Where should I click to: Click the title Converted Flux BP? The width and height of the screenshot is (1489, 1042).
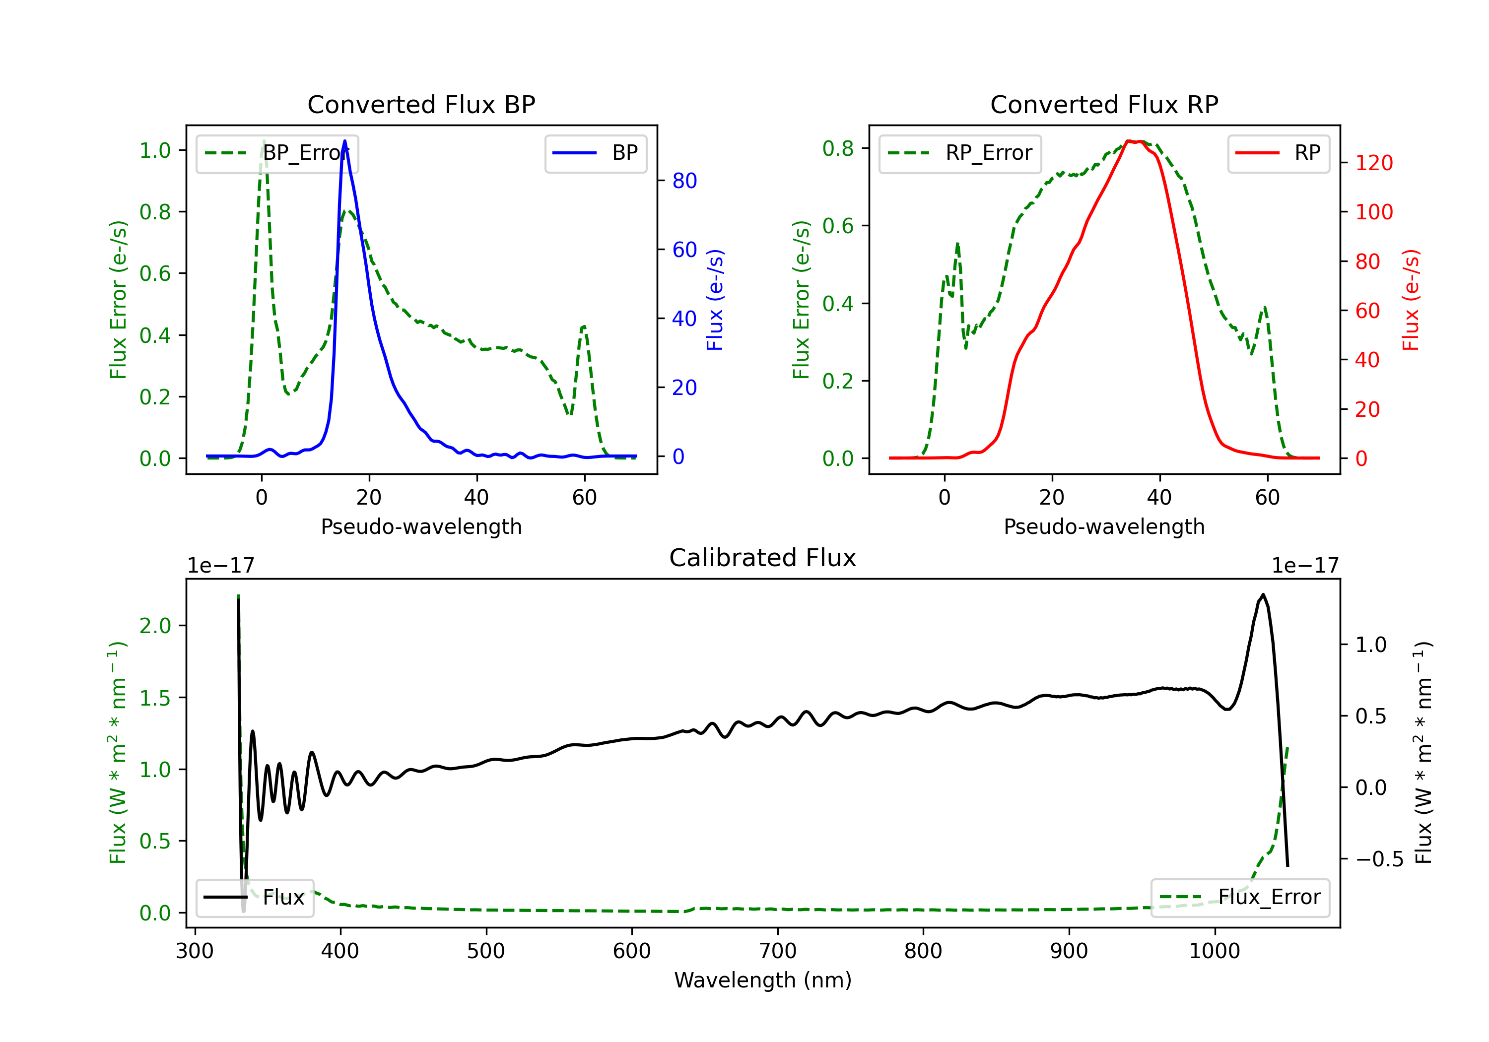coord(421,104)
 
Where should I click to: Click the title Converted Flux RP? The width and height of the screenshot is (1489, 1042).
coord(1104,104)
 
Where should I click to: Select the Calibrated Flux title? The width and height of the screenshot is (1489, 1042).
coord(763,558)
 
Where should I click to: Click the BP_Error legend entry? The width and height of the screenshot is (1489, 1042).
coord(277,153)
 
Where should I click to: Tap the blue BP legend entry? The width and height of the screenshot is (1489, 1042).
coord(595,153)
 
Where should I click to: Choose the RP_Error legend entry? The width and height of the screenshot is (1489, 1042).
coord(960,153)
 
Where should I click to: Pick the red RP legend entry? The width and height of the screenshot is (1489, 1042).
coord(1278,153)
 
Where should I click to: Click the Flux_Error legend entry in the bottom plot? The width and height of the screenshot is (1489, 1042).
coord(1240,898)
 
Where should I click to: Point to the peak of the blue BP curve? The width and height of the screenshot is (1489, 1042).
coord(344,141)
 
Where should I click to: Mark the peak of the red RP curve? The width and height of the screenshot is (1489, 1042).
coord(1134,141)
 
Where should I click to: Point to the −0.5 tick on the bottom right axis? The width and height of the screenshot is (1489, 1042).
coord(1379,859)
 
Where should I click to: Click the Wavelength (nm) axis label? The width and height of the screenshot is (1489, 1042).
coord(763,980)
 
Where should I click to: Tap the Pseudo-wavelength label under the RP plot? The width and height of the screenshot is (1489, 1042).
coord(1104,526)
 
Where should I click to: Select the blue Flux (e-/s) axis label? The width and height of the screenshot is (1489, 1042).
coord(715,300)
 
